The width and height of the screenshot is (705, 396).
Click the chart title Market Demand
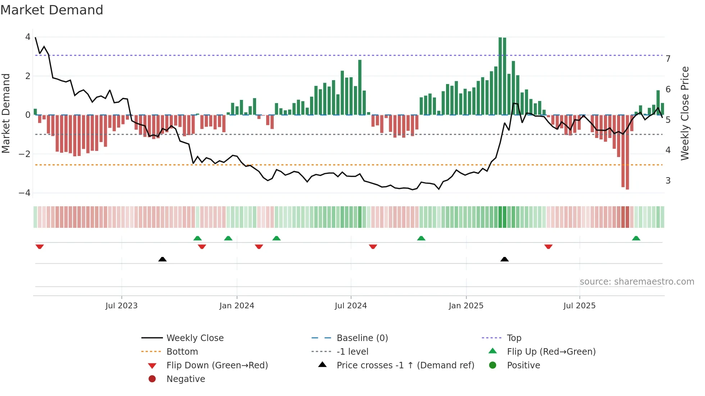52,10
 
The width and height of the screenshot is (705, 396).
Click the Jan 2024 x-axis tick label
237,306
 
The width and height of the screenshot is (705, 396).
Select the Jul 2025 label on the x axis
579,306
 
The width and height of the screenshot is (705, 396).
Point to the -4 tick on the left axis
25,193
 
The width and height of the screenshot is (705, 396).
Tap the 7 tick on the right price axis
668,59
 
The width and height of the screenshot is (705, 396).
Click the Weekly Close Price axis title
685,113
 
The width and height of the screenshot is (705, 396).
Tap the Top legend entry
514,338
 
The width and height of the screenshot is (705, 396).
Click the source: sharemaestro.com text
637,282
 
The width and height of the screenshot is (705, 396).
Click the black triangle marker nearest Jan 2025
504,259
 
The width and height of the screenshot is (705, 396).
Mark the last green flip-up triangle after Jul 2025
636,238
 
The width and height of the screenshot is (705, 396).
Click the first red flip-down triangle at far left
40,247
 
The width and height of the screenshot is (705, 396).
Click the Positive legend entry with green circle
523,365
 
